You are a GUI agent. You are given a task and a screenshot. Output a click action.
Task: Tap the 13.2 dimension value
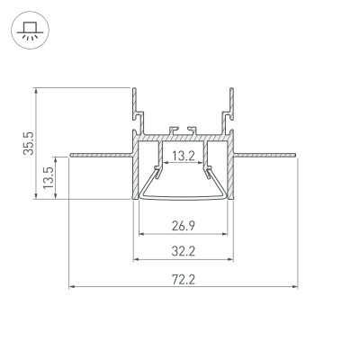pos(183,157)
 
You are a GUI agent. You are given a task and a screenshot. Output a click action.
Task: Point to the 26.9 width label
pos(183,226)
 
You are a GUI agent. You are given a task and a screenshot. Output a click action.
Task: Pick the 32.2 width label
pos(183,251)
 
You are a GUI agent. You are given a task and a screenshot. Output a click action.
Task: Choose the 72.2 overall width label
pos(183,279)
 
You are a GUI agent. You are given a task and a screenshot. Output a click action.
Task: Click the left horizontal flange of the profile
pos(99,152)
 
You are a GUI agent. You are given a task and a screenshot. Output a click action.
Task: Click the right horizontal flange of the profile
pos(265,152)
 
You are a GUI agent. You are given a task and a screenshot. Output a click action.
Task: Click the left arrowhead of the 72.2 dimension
pos(72,288)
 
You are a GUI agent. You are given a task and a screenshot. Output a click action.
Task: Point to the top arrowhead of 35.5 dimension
pos(36,91)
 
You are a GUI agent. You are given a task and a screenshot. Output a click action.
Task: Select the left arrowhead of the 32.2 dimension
pos(137,261)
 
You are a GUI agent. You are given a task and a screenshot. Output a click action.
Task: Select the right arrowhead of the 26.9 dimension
pos(225,236)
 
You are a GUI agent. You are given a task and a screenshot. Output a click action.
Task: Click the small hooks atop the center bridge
pos(183,129)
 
